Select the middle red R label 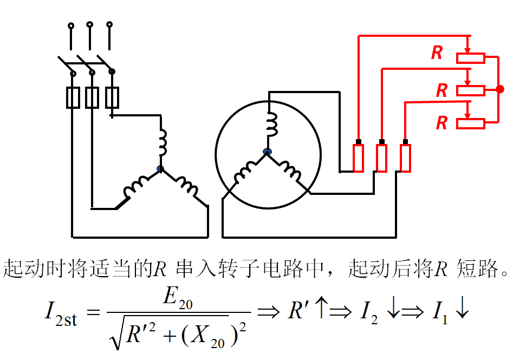442,90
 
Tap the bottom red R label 442,123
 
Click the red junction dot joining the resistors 499,89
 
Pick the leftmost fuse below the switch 73,97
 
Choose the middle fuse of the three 92,97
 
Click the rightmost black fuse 112,97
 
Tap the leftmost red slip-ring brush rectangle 359,158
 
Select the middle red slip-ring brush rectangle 382,158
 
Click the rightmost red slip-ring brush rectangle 405,158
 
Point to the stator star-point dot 160,169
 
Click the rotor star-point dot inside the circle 267,152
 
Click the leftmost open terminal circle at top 70,25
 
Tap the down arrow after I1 462,311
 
